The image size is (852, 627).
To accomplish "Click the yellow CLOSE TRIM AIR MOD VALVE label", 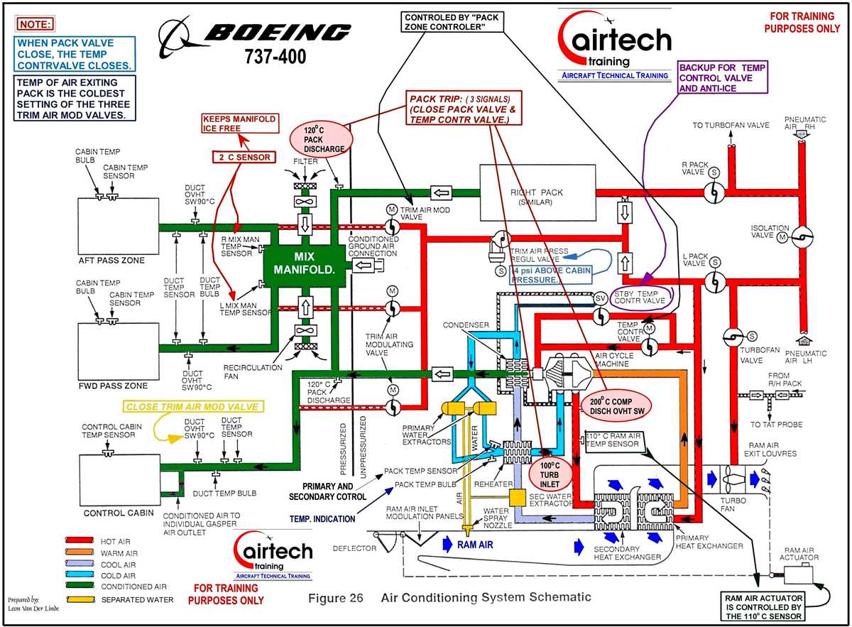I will pyautogui.click(x=192, y=407).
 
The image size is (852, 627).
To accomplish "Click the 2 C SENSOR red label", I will pyautogui.click(x=243, y=156).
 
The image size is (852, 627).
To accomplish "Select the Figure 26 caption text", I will pyautogui.click(x=449, y=598).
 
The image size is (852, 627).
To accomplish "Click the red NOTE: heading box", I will pyautogui.click(x=35, y=24).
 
